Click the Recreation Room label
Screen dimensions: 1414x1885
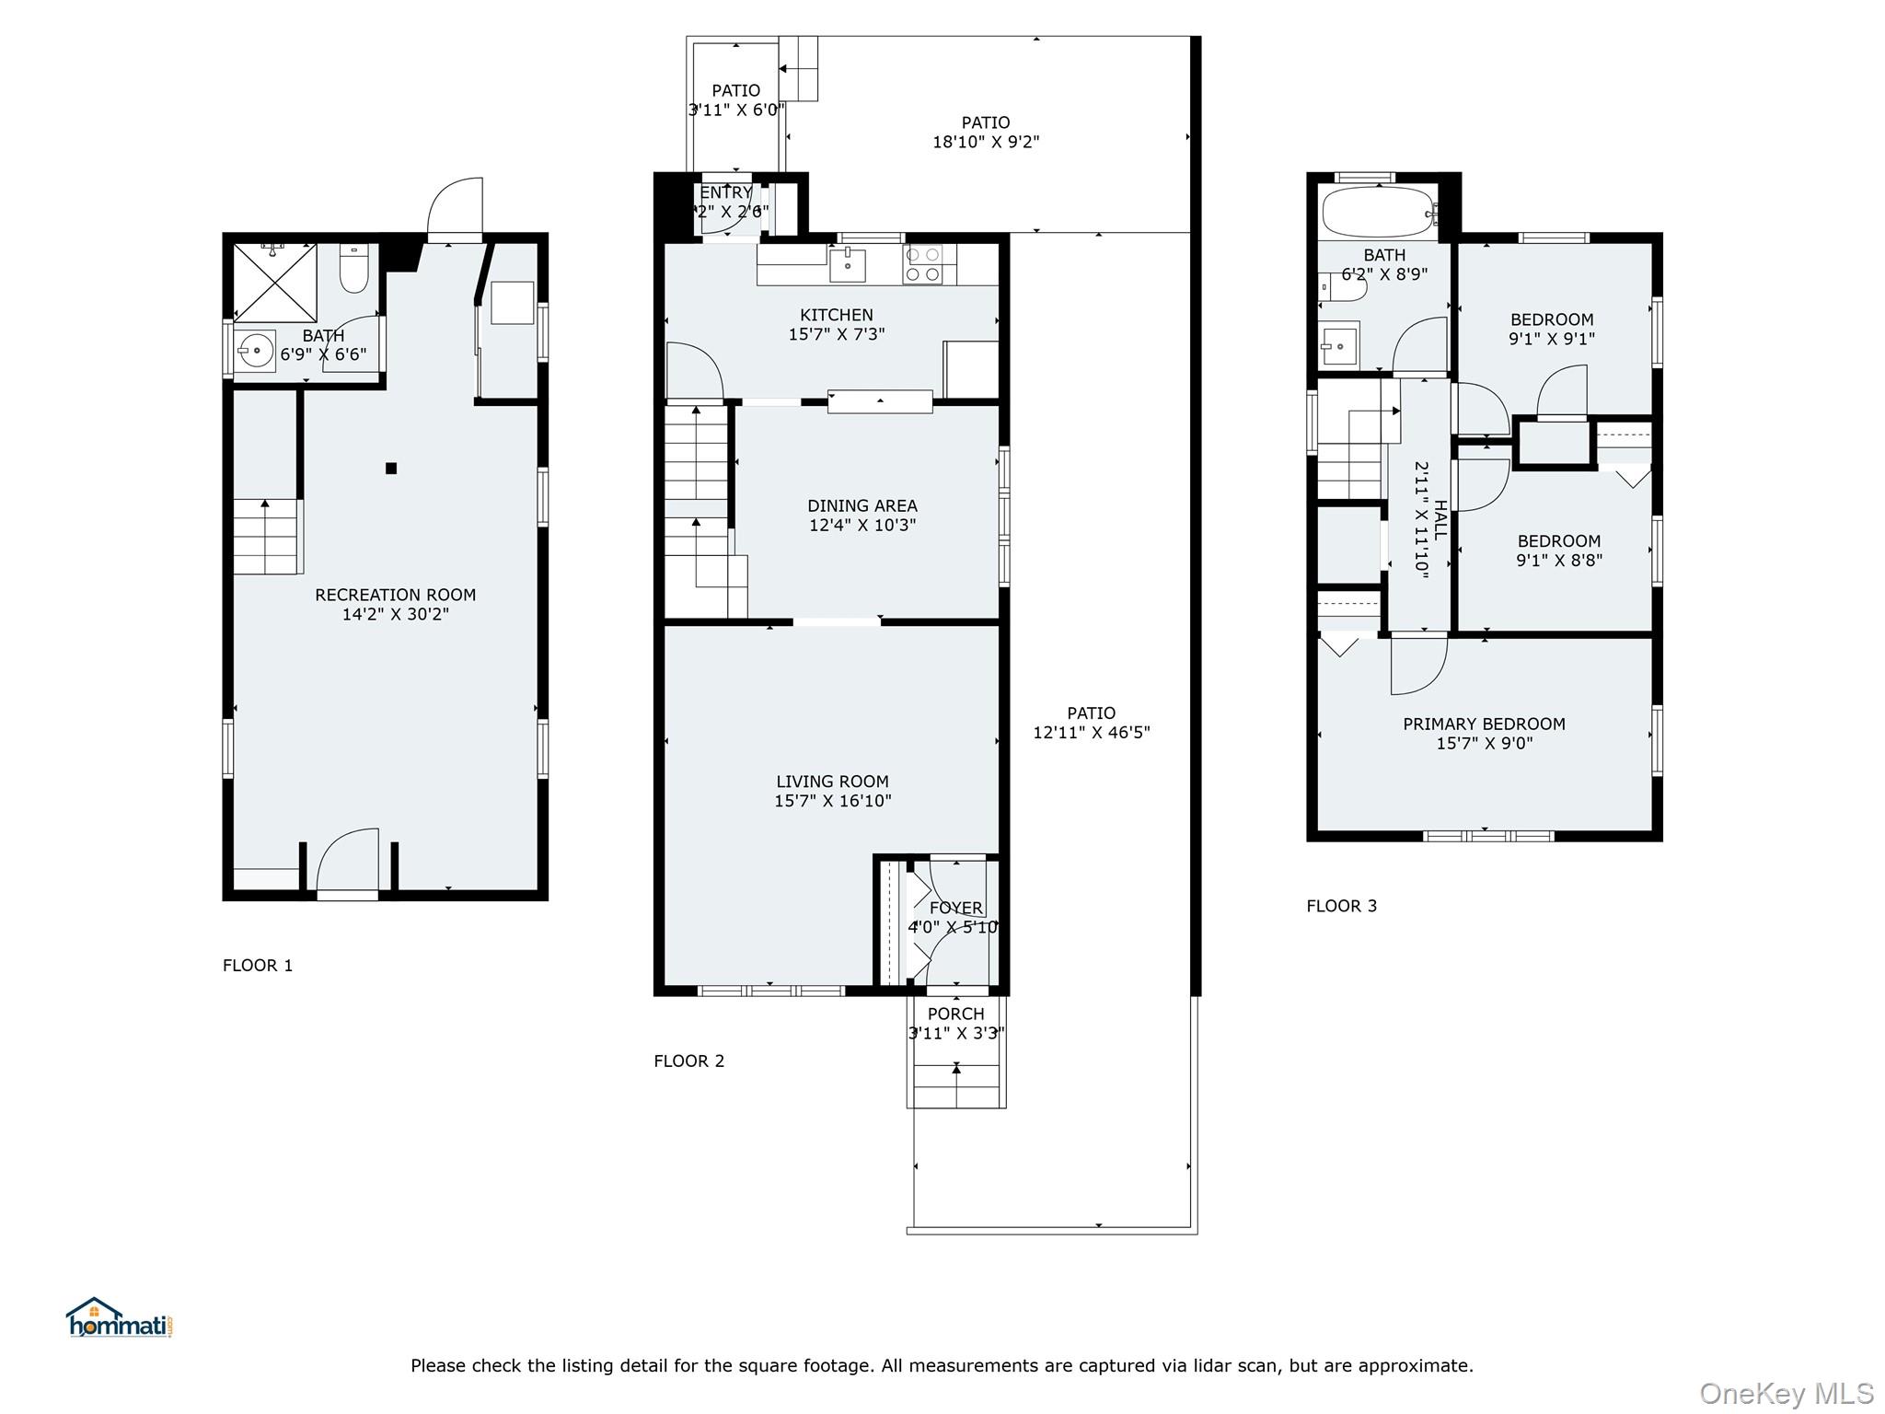point(395,595)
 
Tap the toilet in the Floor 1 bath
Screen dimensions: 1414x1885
point(353,269)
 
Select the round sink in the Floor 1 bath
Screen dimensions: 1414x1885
point(254,349)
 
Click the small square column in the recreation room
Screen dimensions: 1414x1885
point(391,469)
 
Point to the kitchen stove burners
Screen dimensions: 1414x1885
point(922,264)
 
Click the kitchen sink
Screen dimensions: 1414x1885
point(847,265)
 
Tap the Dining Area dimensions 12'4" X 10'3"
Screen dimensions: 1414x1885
point(862,526)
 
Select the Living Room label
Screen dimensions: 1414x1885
point(832,782)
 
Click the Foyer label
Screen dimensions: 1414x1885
point(955,908)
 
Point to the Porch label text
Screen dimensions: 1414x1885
point(955,1014)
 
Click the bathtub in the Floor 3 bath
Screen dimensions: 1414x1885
point(1377,213)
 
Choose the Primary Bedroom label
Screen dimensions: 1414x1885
point(1484,724)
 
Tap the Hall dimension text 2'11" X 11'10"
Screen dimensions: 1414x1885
point(1422,520)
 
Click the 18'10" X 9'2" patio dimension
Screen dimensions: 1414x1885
point(986,142)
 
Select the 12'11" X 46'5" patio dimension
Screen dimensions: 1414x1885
point(1091,733)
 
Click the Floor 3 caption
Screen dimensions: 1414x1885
point(1341,906)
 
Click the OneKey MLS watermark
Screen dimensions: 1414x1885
point(1786,1394)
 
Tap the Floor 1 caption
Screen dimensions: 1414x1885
point(258,965)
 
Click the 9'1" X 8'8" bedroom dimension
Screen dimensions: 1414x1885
point(1558,560)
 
